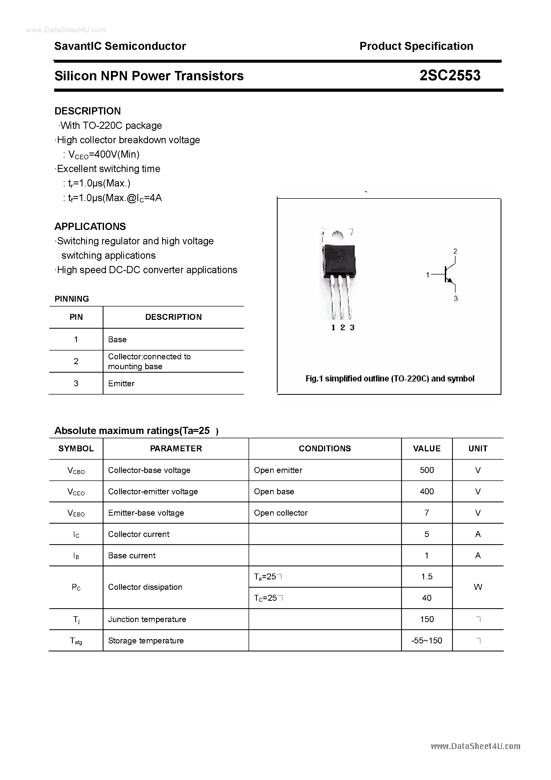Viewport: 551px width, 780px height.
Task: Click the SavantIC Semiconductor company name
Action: click(120, 46)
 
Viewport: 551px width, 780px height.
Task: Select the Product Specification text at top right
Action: click(416, 46)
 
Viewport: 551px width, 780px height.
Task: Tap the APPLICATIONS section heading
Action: click(90, 226)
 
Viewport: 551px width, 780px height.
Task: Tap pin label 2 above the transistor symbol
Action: click(455, 251)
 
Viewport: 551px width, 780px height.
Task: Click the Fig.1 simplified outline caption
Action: click(390, 379)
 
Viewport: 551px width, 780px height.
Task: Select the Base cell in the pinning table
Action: click(117, 339)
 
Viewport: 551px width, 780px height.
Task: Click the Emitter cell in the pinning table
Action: click(121, 383)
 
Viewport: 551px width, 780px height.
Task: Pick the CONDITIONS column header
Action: click(325, 448)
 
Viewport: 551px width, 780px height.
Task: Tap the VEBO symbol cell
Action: click(76, 513)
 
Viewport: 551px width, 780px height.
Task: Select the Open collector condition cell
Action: click(281, 513)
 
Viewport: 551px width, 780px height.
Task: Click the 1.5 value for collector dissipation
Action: click(427, 576)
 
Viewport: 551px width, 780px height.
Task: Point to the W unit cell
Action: click(478, 587)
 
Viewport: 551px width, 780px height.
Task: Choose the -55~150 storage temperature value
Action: click(427, 640)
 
